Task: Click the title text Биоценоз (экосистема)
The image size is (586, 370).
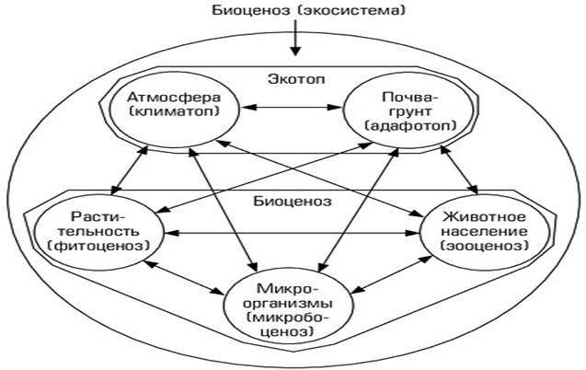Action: click(309, 10)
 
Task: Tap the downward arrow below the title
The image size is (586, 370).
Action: click(295, 38)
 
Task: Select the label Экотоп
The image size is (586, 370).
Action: click(296, 79)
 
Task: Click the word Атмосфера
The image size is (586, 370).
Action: click(174, 98)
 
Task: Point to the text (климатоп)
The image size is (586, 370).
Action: click(174, 111)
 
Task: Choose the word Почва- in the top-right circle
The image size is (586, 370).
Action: click(409, 98)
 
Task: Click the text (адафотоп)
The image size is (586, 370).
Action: click(410, 125)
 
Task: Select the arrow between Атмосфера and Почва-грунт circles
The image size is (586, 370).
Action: click(292, 108)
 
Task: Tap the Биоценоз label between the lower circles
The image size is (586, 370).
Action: click(293, 202)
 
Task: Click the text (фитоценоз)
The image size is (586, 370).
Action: click(99, 246)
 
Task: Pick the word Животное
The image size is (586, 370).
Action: click(484, 217)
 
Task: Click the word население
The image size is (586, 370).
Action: click(484, 231)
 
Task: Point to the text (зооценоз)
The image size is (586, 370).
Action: click(484, 246)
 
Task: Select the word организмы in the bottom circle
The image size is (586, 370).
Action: click(288, 304)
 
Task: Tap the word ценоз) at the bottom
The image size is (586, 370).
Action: click(287, 332)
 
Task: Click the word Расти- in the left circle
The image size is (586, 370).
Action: click(98, 217)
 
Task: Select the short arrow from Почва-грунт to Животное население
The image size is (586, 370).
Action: click(459, 170)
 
